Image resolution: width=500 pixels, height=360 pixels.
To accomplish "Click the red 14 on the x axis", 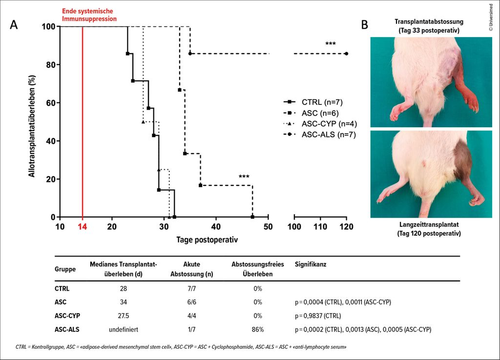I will coord(82,226).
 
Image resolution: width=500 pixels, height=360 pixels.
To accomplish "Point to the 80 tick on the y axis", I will coord(49,64).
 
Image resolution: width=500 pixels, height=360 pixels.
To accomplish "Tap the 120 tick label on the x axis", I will coord(346,226).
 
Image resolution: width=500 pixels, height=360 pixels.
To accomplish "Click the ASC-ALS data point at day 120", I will coord(346,54).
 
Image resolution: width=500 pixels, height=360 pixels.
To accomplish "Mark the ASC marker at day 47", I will coord(252,217).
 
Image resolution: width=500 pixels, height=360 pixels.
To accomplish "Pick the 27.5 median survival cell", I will coord(123,316).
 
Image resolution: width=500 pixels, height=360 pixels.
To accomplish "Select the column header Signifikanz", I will coord(310,264).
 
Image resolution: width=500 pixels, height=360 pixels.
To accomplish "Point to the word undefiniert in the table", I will coord(123,329).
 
